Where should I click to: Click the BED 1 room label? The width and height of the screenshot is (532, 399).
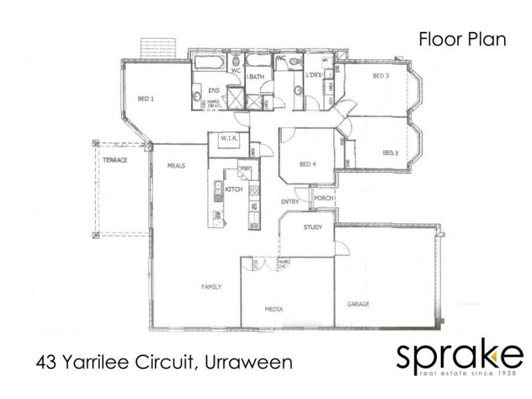pos(146,99)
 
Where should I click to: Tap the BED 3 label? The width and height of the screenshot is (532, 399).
pos(380,76)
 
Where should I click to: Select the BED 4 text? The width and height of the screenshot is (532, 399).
pos(307,165)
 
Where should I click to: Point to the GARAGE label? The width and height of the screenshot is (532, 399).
pos(358,304)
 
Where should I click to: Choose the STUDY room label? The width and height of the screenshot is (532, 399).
pos(313,227)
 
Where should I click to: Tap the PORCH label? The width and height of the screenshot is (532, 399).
pos(323,198)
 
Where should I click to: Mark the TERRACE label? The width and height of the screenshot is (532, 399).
pos(114,160)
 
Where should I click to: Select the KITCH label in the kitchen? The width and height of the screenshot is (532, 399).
pos(233,190)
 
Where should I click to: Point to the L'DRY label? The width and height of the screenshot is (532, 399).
pos(313,75)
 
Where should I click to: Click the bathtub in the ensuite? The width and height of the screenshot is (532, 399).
pos(209,65)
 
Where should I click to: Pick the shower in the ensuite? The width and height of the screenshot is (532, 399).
pos(233,100)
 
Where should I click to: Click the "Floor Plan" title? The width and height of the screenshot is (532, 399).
pos(462,39)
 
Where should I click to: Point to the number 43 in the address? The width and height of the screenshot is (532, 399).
pos(46,363)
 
